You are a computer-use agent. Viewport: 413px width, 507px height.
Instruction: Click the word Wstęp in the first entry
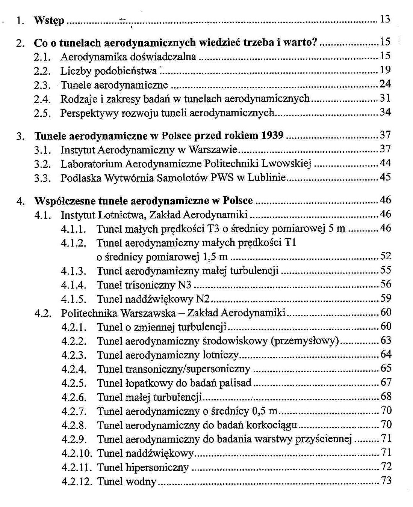click(49, 20)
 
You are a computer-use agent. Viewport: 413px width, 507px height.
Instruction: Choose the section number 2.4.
click(42, 99)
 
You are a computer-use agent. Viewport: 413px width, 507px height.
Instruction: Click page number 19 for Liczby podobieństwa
click(385, 70)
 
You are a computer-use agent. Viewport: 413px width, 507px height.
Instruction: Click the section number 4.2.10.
click(77, 454)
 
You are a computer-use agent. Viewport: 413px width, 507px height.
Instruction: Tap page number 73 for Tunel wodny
click(386, 481)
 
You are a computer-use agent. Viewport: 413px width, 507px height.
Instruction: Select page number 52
click(386, 256)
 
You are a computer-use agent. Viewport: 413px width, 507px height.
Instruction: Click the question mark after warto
click(315, 42)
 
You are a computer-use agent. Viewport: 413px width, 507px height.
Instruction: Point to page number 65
click(386, 369)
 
